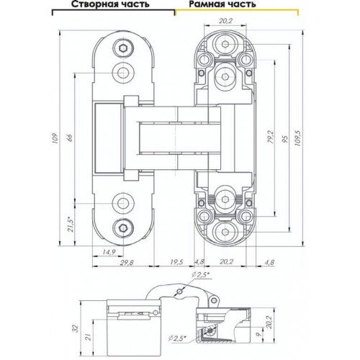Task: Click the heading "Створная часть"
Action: coord(110,4)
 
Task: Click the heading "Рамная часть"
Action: coord(222,4)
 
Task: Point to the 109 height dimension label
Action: coord(55,138)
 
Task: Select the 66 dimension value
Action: coord(70,138)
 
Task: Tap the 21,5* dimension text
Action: coord(71,224)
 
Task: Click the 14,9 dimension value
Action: coord(109,252)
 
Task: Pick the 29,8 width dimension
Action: coord(127,262)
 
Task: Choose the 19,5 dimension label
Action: coord(176,262)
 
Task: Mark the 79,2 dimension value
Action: coord(271,137)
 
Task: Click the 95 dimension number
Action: coord(285,139)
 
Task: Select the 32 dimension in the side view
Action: coord(76,328)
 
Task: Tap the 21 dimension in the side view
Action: coord(89,337)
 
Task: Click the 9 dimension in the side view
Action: coord(258,334)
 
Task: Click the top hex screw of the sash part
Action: coord(123,49)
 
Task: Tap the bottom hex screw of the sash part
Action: coord(123,227)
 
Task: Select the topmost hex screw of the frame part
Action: coord(225,44)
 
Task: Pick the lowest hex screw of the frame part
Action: coord(225,231)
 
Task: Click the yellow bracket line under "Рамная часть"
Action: coord(237,10)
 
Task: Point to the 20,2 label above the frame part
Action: coord(226,21)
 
